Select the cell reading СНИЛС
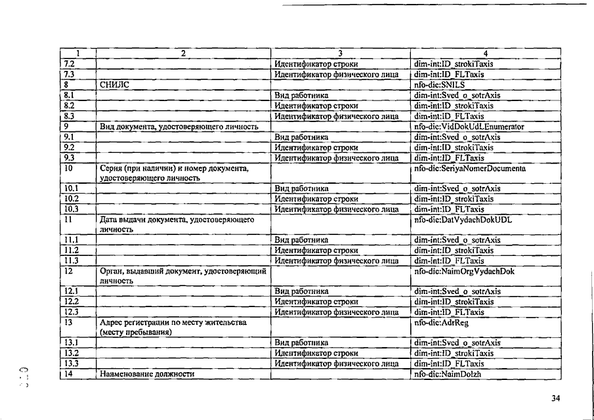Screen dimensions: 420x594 point(115,85)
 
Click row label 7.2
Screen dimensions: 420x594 point(69,64)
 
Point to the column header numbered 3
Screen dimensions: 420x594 point(341,53)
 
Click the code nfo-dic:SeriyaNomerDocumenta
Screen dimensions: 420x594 point(470,169)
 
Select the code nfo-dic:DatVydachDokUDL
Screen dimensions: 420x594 point(463,220)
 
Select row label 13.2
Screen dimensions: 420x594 point(71,353)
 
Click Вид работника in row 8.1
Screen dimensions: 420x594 point(301,95)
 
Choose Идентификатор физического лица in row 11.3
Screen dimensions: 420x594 point(336,261)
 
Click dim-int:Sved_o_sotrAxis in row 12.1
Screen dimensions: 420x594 point(457,291)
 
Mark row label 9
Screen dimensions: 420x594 point(66,127)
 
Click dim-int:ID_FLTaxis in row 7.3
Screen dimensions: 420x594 point(449,75)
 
